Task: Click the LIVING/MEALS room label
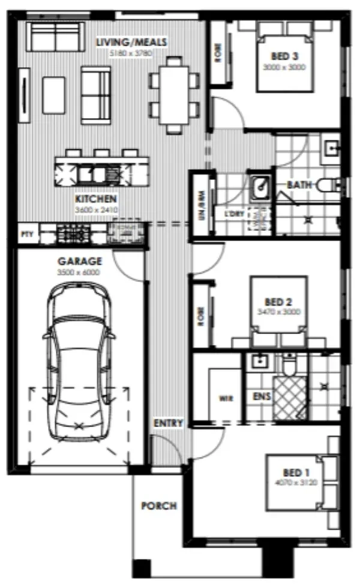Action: point(131,42)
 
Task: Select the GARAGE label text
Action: point(79,262)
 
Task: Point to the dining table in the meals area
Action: point(175,94)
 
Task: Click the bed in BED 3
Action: point(285,57)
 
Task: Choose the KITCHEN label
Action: point(96,199)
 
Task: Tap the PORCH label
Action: point(158,506)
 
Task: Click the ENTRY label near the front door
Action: point(168,423)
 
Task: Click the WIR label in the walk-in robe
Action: point(226,398)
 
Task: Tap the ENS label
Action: point(261,396)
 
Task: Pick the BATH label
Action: point(298,185)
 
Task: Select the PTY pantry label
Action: point(26,233)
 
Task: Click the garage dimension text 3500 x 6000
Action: point(79,272)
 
